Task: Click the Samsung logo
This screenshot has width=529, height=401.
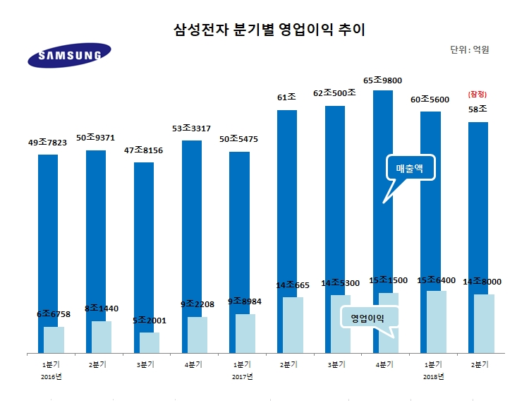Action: [x=69, y=54]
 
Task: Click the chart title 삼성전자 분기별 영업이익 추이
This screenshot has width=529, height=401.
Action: [x=264, y=30]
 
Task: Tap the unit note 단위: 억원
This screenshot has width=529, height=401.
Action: [x=469, y=50]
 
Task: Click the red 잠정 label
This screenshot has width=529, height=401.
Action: [x=478, y=94]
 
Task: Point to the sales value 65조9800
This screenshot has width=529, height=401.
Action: [x=382, y=81]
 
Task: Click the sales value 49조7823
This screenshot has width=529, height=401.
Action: [x=47, y=143]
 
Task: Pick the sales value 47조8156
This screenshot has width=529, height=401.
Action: [x=143, y=150]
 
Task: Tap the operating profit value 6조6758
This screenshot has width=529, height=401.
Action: [x=54, y=313]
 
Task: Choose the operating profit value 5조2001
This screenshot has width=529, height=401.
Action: [x=149, y=321]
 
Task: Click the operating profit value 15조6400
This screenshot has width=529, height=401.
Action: [x=436, y=281]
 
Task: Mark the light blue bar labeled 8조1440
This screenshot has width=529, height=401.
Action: [x=102, y=336]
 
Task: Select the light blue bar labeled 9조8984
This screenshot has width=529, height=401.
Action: [x=245, y=333]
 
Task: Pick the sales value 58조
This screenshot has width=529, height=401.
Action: [x=478, y=109]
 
